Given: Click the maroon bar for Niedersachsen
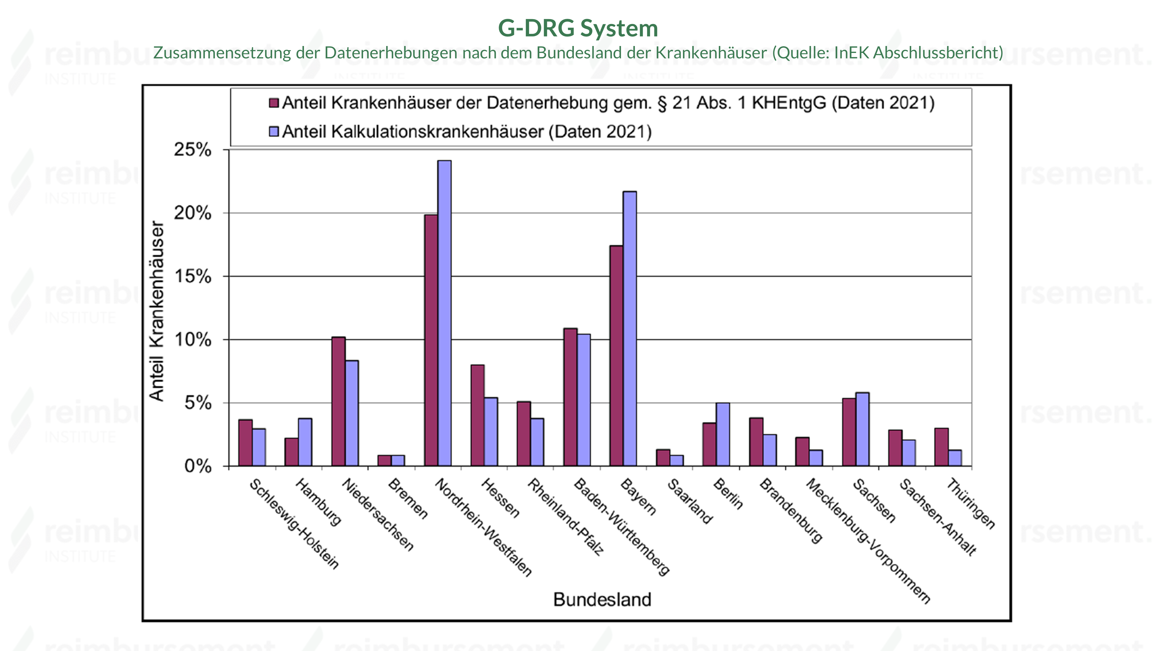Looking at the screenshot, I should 338,401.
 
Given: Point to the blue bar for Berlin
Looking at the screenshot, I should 723,435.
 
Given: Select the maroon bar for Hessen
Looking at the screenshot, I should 478,415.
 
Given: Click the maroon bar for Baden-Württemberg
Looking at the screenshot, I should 570,397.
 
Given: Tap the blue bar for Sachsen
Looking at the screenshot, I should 862,429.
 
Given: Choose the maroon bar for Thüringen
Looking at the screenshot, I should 942,447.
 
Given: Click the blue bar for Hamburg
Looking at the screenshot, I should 305,442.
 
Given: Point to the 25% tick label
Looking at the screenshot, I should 192,150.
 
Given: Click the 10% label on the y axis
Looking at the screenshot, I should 192,340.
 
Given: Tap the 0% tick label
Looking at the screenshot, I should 198,466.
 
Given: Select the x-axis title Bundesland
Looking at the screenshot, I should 602,599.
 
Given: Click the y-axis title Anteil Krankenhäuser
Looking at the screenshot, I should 157,311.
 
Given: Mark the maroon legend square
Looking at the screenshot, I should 274,103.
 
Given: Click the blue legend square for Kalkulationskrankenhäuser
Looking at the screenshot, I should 274,132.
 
